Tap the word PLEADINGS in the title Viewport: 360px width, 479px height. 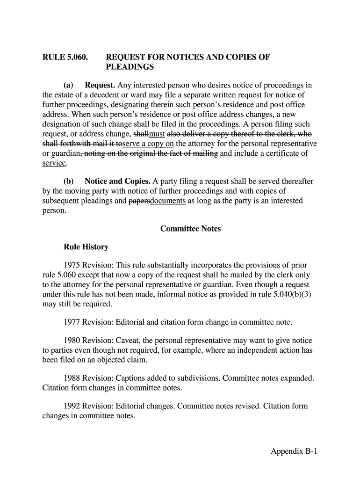coord(130,67)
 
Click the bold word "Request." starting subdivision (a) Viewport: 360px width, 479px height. coord(100,86)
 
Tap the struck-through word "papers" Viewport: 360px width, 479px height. coord(139,201)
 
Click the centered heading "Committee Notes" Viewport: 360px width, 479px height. coord(190,229)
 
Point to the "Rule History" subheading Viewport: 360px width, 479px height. coord(86,247)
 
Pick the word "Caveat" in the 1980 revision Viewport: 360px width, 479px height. coord(124,341)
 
